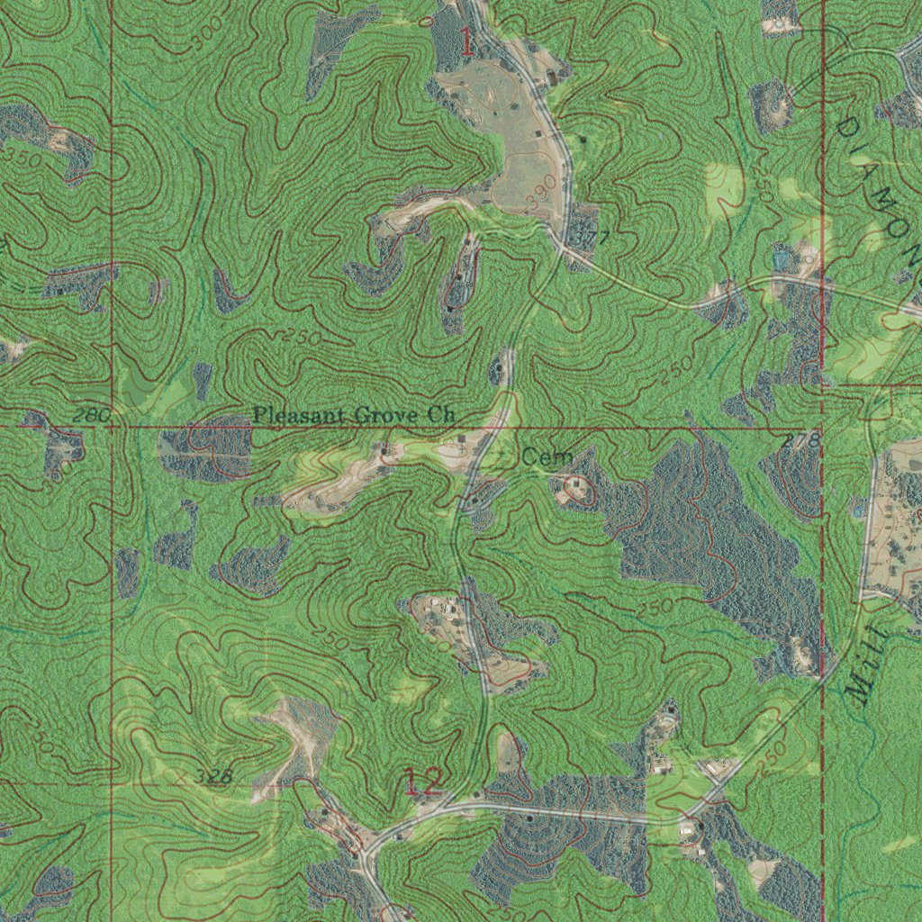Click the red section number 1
466,42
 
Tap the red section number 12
423,782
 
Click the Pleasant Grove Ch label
354,415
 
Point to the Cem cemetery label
547,458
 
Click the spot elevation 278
801,441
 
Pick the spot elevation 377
592,239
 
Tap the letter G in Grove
360,415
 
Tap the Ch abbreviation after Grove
441,415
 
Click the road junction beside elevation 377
565,249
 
